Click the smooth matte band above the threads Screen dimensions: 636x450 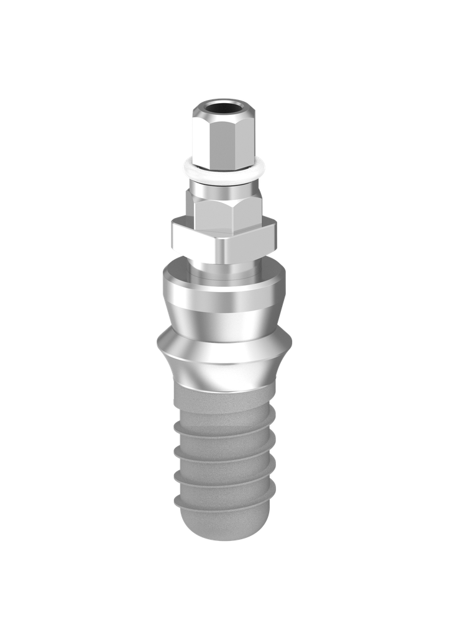(224, 401)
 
